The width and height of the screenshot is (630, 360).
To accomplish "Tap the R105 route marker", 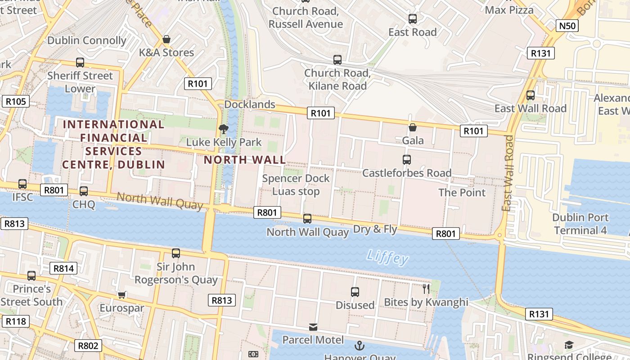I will pos(16,101).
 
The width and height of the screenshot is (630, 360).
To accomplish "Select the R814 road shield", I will pos(63,269).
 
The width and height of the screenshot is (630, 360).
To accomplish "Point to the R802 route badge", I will pos(88,346).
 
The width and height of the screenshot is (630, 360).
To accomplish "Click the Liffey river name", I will pos(387,257).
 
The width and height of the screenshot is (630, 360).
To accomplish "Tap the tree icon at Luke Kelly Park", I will pos(223,129).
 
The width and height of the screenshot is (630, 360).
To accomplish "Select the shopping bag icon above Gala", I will pos(412,128).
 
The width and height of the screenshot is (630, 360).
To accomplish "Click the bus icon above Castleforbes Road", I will pos(407,160).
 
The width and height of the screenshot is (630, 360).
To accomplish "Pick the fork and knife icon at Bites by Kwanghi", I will pos(426,288).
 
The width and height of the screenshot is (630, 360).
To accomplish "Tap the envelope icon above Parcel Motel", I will pos(313,327).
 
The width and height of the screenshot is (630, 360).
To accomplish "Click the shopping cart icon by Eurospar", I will pos(121,295).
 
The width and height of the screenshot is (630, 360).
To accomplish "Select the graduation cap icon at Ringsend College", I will pos(569,345).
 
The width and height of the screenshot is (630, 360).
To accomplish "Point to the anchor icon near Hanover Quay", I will pos(359,346).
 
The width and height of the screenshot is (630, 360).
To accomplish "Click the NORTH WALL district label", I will pos(245,160).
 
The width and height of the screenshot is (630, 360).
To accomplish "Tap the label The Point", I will pos(462,193).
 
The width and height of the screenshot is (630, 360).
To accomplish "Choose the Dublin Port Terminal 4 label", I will pos(580,224).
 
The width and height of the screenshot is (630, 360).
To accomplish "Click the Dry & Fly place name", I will pos(375,229).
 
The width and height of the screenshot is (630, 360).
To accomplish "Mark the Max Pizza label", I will pos(509,10).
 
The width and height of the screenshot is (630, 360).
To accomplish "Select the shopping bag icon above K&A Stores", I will pos(166,40).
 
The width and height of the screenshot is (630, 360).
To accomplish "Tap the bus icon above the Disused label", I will pos(355,292).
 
